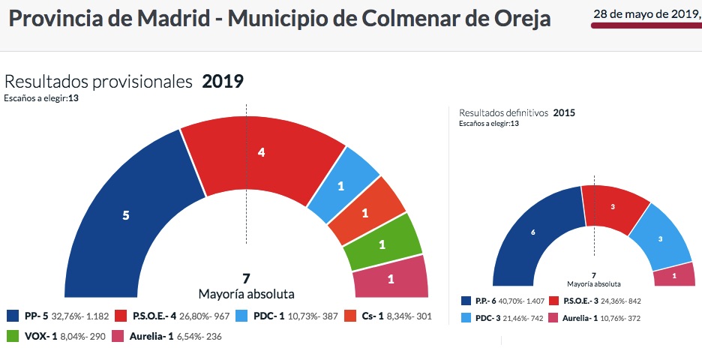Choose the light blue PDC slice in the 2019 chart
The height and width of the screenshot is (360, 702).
pyautogui.click(x=341, y=185)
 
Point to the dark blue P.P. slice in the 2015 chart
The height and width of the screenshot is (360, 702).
pyautogui.click(x=532, y=232)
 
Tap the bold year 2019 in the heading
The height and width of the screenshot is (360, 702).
pyautogui.click(x=223, y=82)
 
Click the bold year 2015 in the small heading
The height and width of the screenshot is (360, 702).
pyautogui.click(x=564, y=113)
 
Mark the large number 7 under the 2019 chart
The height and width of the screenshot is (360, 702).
pyautogui.click(x=246, y=279)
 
